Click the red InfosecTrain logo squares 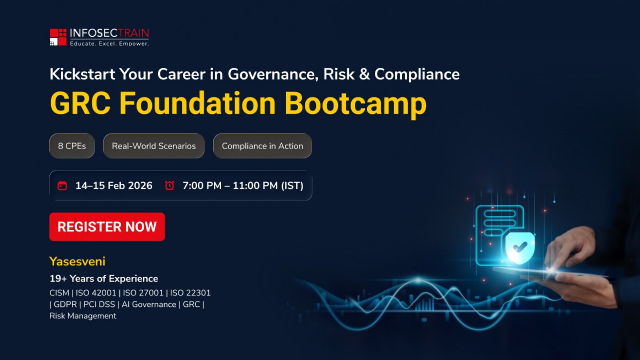click(x=59, y=37)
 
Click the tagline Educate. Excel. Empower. click(x=109, y=43)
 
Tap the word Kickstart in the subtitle click(x=82, y=74)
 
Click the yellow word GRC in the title click(x=80, y=103)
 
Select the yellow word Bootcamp click(x=356, y=105)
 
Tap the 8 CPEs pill click(x=72, y=146)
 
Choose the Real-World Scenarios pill click(x=154, y=146)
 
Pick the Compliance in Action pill click(x=262, y=146)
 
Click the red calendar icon click(x=62, y=186)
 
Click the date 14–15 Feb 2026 click(x=114, y=186)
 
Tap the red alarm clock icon click(x=170, y=185)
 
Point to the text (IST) click(x=292, y=186)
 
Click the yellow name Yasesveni click(x=77, y=261)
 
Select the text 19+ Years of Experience click(x=104, y=279)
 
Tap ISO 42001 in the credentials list click(x=96, y=293)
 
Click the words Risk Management click(x=83, y=316)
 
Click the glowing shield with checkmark click(x=520, y=247)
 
